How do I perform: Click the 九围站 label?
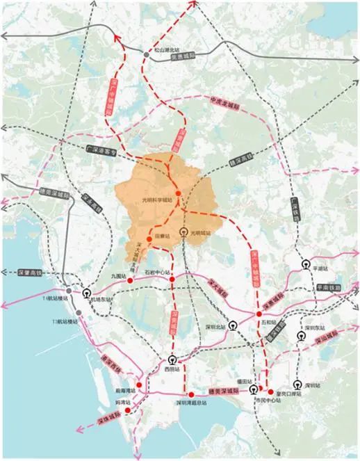tap(118, 276)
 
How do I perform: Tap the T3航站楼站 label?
tap(64, 321)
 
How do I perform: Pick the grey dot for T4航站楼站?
tap(69, 292)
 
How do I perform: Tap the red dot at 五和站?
tap(259, 315)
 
